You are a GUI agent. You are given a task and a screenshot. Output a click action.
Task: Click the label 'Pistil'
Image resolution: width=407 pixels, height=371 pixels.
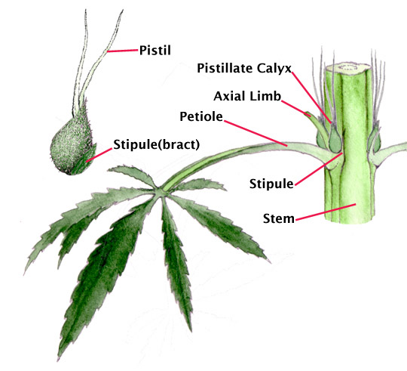[155, 50]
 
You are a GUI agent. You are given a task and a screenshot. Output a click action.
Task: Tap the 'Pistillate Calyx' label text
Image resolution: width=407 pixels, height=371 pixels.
[244, 69]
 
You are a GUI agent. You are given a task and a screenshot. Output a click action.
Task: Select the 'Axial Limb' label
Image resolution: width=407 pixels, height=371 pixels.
[247, 96]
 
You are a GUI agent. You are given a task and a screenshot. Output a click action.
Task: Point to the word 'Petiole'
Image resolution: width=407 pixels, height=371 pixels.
[201, 116]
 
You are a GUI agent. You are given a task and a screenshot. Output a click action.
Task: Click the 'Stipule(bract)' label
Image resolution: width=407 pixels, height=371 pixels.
[157, 144]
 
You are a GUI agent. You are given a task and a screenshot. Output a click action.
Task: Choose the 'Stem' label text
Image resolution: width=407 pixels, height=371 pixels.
[279, 218]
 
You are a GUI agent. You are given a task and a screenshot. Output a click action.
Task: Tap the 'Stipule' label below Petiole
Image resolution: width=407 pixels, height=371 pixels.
[271, 184]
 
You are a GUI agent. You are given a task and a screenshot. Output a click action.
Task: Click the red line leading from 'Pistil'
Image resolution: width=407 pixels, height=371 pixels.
[123, 51]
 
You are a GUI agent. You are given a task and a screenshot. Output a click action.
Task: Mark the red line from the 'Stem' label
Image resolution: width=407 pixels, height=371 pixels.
[326, 212]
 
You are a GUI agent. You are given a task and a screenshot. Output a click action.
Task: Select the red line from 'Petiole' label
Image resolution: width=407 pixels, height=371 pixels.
[256, 133]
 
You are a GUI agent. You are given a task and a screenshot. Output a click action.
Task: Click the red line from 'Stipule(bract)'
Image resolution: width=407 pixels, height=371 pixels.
[99, 155]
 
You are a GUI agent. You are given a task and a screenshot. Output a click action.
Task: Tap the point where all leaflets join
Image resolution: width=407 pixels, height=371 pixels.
[159, 191]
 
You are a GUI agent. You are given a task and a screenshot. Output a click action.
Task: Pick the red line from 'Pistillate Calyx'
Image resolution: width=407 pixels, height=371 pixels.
[311, 97]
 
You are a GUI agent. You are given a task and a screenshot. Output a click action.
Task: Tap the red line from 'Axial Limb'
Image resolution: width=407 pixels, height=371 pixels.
[296, 108]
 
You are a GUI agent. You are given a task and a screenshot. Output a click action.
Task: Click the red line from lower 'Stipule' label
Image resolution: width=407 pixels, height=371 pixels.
[319, 169]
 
